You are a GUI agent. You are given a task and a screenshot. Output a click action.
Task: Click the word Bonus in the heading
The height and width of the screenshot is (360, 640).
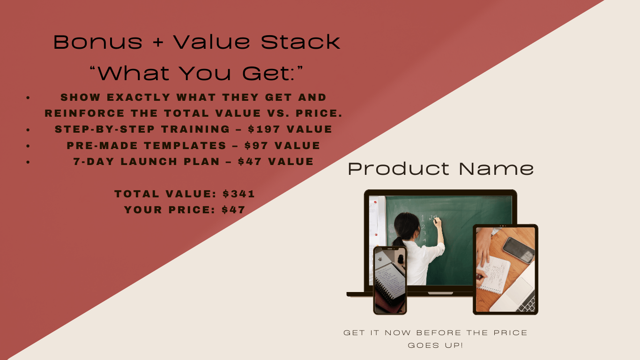click(98, 42)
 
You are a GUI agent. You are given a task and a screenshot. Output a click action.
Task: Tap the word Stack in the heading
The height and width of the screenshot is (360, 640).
click(300, 42)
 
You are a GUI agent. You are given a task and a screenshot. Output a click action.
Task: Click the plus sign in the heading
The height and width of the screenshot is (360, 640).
click(158, 43)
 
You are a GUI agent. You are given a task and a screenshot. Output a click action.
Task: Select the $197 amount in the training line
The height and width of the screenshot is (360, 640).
click(264, 129)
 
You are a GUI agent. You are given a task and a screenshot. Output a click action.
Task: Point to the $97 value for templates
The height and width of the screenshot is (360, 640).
click(256, 145)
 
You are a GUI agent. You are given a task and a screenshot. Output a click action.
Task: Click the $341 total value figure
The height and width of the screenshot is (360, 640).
click(238, 194)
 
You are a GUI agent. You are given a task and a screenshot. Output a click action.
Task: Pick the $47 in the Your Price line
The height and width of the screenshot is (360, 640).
click(233, 210)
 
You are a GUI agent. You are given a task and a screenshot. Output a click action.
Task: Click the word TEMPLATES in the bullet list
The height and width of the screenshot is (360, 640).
click(185, 145)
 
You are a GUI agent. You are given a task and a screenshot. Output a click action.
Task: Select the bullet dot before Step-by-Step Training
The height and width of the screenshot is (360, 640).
click(28, 130)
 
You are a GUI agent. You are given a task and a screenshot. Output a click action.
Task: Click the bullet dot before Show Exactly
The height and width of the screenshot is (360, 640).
click(28, 98)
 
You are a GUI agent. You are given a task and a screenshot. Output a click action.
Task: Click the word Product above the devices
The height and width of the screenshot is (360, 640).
click(399, 169)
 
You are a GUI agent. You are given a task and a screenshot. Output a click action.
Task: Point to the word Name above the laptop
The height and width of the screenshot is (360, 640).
click(496, 169)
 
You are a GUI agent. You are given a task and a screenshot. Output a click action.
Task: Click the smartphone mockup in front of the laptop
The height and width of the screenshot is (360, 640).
click(390, 280)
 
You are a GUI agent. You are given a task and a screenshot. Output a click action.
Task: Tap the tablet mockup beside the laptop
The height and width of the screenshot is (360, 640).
click(506, 270)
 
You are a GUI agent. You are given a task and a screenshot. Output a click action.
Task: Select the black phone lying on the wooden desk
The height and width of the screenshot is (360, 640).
click(519, 250)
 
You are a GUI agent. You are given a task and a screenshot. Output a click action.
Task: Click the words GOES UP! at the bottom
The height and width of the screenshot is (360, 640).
click(435, 345)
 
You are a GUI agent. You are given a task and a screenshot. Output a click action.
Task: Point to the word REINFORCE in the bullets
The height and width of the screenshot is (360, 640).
click(85, 113)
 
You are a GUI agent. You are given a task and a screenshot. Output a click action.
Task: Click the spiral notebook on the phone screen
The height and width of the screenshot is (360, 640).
click(390, 283)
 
